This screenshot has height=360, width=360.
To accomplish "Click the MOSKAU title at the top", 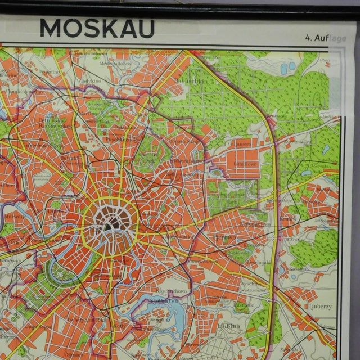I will tap(97, 29).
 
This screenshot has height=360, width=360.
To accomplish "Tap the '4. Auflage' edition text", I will tap(326, 39).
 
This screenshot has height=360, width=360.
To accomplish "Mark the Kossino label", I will tap(296, 268).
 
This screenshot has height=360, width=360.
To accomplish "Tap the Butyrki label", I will tap(73, 159).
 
